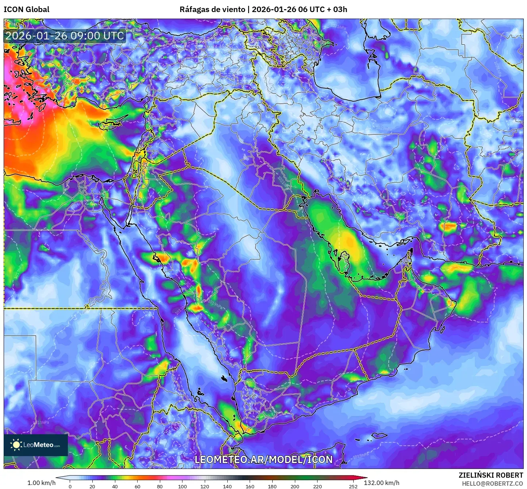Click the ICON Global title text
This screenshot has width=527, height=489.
26,9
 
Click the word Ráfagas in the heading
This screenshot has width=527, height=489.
194,9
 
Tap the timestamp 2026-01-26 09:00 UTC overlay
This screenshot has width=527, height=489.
65,36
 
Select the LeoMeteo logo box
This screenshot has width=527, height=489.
36,445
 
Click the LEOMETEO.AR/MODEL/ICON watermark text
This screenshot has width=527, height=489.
263,459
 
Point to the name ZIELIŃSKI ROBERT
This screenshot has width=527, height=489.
491,475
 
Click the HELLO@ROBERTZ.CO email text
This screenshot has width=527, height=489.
492,484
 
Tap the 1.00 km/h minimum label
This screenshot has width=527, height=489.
41,483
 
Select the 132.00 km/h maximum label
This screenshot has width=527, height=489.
381,483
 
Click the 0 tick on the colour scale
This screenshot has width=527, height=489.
70,486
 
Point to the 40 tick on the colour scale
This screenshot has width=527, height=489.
115,486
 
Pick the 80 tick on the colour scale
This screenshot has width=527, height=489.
160,486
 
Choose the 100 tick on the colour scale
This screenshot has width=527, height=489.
182,486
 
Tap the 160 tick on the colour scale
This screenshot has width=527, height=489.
250,486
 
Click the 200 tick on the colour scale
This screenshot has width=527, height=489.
295,486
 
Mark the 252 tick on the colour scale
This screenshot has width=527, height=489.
353,486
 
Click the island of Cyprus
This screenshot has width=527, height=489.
111,123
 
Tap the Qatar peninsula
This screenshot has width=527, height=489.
344,258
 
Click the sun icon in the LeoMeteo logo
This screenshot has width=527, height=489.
16,444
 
